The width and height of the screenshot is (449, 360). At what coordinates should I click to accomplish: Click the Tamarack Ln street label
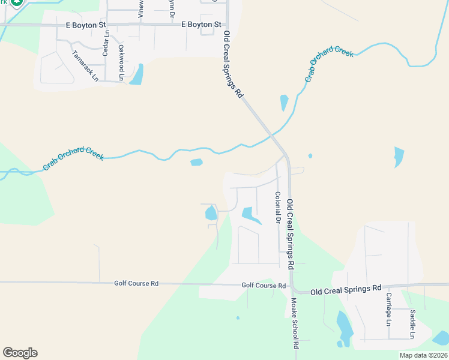[85, 61]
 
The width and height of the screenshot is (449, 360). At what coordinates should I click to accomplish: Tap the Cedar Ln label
[106, 43]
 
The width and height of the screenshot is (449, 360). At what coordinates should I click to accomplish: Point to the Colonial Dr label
[278, 208]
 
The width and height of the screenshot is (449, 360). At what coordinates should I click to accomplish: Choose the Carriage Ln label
[388, 309]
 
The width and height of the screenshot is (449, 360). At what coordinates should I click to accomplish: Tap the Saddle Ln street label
[412, 323]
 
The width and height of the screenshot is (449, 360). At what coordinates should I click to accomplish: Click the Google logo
[20, 353]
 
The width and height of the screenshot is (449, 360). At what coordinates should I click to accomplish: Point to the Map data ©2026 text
[423, 355]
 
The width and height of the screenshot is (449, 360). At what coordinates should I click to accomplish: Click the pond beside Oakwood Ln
[137, 74]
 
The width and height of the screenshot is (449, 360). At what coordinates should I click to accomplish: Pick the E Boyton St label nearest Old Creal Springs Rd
[201, 25]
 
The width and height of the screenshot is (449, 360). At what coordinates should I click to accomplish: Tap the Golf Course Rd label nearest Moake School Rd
[264, 286]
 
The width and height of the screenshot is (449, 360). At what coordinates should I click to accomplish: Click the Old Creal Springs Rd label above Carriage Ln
[346, 289]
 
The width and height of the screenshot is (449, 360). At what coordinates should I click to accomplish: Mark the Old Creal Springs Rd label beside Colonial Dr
[291, 233]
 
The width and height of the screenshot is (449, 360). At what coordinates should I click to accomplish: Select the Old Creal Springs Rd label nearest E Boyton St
[232, 65]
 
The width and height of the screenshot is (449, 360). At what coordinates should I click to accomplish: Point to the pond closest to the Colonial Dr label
[250, 215]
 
